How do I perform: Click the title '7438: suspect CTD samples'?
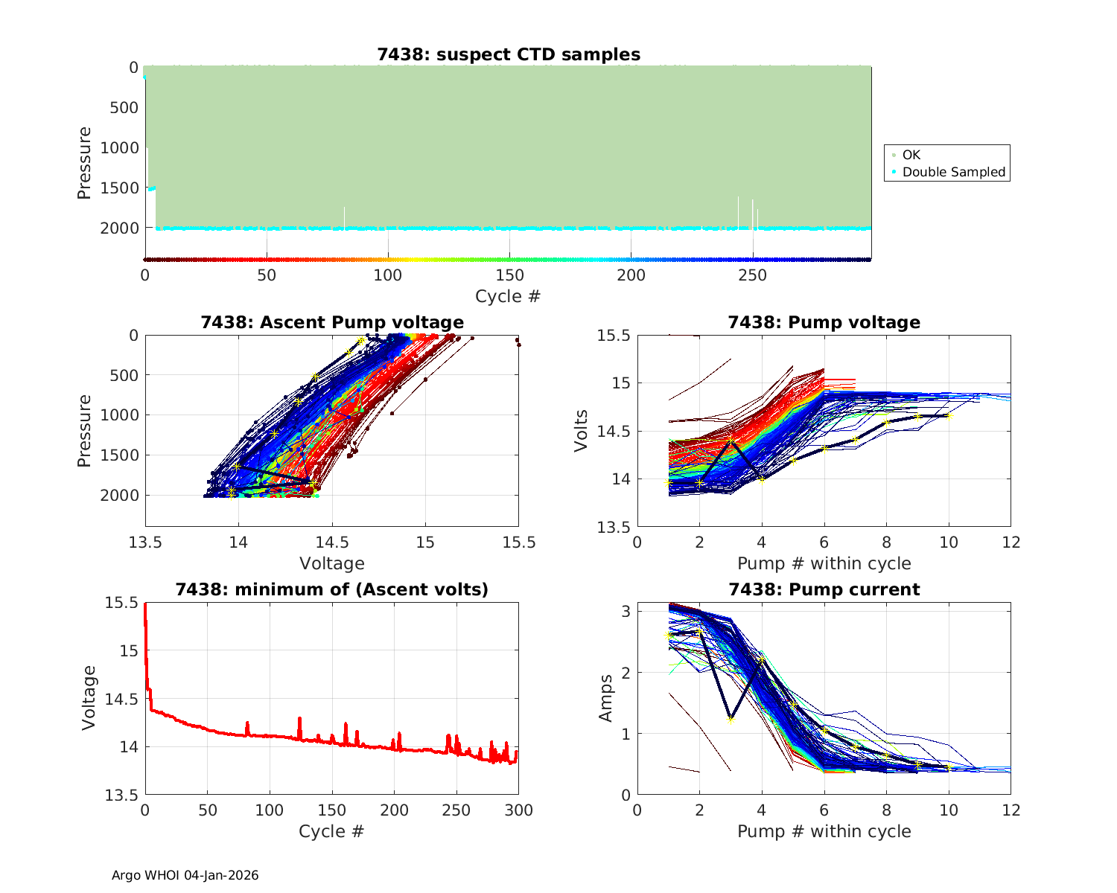tap(509, 54)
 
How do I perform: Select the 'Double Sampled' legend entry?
tap(953, 172)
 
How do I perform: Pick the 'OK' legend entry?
tap(911, 155)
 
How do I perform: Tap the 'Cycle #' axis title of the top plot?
tap(508, 296)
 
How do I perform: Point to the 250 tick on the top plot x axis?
tap(752, 275)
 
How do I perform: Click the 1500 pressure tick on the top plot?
tap(119, 188)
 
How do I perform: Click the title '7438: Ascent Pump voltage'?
tap(332, 322)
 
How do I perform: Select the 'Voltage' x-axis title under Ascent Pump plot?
tap(332, 563)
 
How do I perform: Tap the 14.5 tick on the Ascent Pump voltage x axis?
tap(332, 542)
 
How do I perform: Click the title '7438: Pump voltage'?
tap(824, 322)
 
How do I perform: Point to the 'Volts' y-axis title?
tap(581, 430)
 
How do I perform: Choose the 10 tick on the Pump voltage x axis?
tap(949, 542)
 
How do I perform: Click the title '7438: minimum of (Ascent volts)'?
tap(332, 589)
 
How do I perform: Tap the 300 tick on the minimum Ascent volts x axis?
tap(519, 810)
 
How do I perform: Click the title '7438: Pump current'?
tap(824, 589)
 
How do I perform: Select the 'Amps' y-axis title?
tap(606, 698)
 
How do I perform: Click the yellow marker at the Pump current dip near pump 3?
tap(731, 720)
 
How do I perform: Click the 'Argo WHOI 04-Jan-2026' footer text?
tap(185, 875)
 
